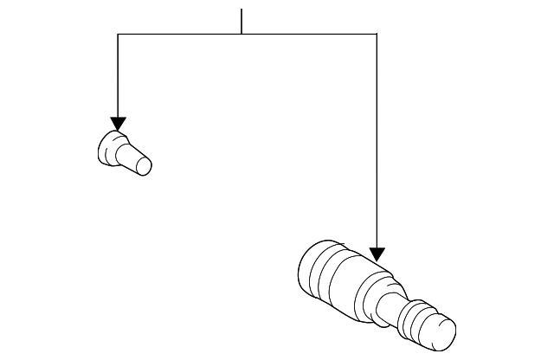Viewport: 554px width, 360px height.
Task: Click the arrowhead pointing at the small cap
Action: (x=119, y=124)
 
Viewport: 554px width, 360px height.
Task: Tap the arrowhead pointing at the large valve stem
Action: (x=377, y=254)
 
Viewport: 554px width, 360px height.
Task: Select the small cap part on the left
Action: (x=124, y=153)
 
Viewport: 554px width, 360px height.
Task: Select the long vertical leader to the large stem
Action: (x=377, y=138)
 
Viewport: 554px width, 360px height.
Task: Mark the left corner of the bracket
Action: (x=119, y=34)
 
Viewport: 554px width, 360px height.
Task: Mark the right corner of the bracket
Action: (x=377, y=34)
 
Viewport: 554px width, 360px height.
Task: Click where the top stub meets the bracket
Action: (x=242, y=34)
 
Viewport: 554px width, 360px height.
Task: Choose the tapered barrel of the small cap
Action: (x=131, y=157)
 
